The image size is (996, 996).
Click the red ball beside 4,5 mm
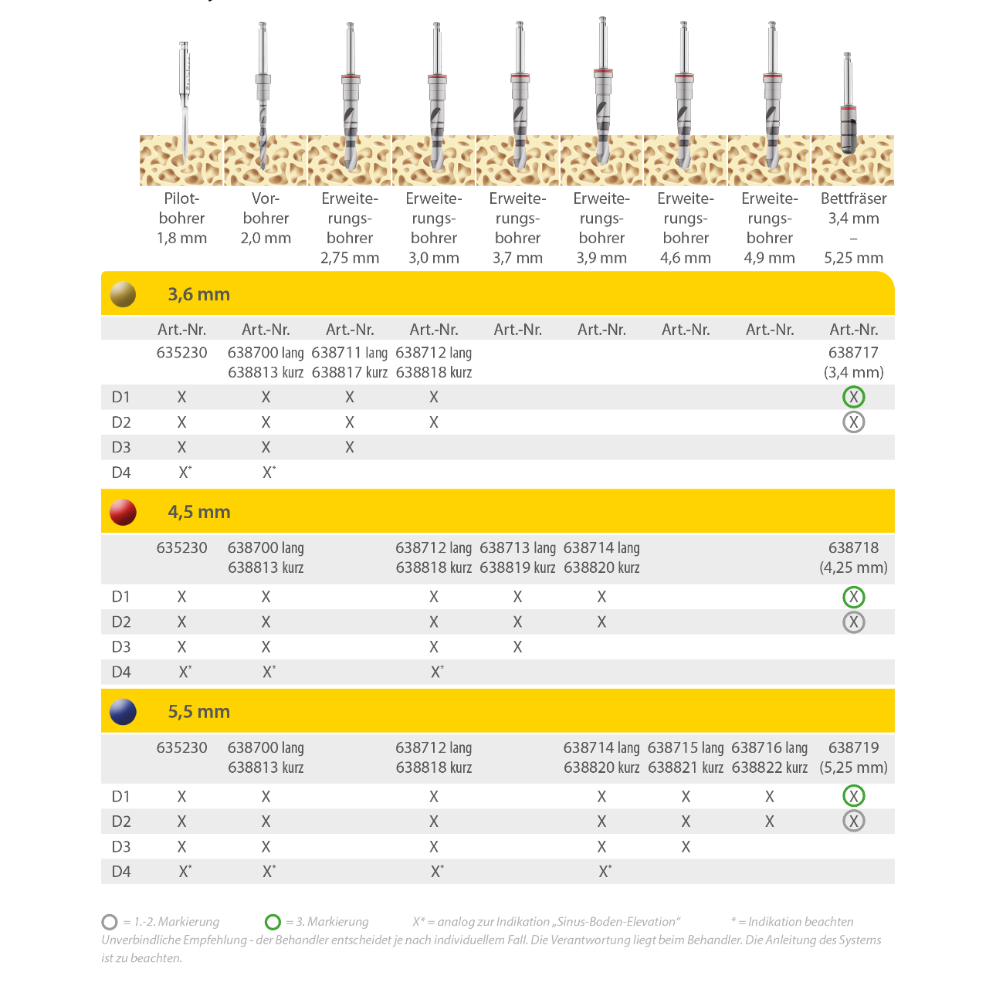tap(123, 512)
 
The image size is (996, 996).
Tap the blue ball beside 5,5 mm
tap(123, 712)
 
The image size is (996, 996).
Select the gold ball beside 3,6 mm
tap(123, 294)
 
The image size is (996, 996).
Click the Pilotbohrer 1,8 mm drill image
tap(184, 102)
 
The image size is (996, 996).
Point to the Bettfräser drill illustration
tap(849, 103)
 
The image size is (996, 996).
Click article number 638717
tap(853, 353)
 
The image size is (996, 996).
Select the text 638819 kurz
tap(517, 567)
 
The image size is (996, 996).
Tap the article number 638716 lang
tap(769, 747)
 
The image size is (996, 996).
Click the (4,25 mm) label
tap(853, 567)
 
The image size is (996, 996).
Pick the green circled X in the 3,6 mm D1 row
tap(853, 397)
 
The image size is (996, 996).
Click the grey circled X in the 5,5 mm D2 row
tap(853, 821)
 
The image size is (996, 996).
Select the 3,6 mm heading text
tap(199, 295)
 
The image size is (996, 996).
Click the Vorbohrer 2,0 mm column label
tap(266, 219)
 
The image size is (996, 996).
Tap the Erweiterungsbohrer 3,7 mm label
tap(517, 228)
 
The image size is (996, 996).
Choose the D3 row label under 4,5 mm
tap(121, 647)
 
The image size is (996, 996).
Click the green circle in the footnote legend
tap(273, 922)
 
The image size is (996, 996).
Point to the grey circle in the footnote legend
tap(110, 922)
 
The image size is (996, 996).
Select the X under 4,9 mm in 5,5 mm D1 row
tap(769, 797)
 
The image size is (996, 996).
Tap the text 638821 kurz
tap(686, 767)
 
